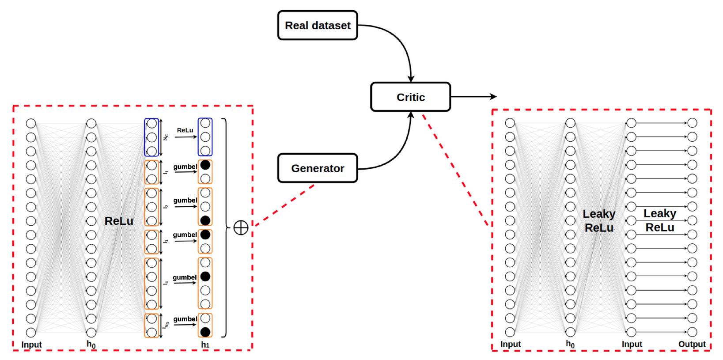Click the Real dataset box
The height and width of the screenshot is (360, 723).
pos(318,25)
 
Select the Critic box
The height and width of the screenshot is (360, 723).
pos(411,97)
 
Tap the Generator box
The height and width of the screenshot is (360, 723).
pos(318,168)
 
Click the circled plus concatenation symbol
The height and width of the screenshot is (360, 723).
pos(241,227)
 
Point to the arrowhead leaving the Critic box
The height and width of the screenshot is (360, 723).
pos(493,96)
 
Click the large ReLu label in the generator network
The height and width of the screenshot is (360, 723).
pos(119,221)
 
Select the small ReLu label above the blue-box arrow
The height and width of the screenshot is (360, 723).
pos(185,130)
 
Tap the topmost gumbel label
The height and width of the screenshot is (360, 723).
pos(185,167)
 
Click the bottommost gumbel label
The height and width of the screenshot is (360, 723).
pos(185,319)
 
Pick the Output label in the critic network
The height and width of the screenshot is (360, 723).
pos(692,344)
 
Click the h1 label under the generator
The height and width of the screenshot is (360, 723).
pos(205,345)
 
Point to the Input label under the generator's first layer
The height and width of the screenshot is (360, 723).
pos(32,345)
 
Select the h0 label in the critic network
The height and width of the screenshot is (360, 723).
pos(570,344)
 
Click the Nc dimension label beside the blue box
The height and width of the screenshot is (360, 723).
pos(166,137)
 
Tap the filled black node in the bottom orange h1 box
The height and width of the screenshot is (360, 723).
pos(205,332)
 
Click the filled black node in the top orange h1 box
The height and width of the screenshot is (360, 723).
pos(205,165)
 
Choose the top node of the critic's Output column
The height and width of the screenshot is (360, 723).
pos(692,123)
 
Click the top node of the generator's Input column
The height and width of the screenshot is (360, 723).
pos(31,123)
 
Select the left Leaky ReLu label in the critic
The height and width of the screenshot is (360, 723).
pos(599,221)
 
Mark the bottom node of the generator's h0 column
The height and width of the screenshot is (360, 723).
pos(91,332)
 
